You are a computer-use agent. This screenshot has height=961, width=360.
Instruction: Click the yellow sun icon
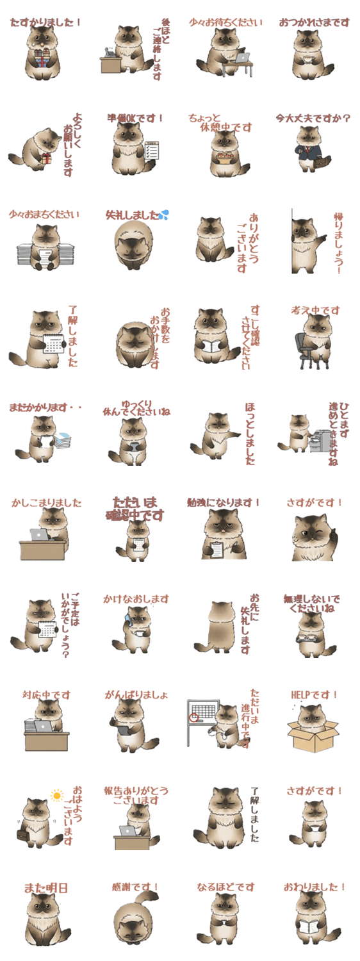click(58, 796)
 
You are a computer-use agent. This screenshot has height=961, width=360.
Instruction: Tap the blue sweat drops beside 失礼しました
click(165, 214)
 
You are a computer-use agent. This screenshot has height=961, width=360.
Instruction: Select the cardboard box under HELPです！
click(313, 736)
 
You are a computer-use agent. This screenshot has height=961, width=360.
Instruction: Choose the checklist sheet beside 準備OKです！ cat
click(152, 151)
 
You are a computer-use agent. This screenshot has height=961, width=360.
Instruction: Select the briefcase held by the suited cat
click(319, 164)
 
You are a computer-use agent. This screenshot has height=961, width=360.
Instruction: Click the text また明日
click(45, 887)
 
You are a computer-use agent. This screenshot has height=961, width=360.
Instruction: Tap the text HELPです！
click(314, 694)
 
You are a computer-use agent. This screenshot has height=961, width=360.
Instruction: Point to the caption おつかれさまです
click(314, 22)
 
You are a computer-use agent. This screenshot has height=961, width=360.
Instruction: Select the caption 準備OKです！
click(135, 119)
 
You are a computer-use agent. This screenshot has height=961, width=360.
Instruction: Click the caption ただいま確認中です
click(135, 508)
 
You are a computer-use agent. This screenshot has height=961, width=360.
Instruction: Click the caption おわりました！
click(314, 887)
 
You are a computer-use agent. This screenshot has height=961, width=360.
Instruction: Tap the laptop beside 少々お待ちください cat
click(243, 58)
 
